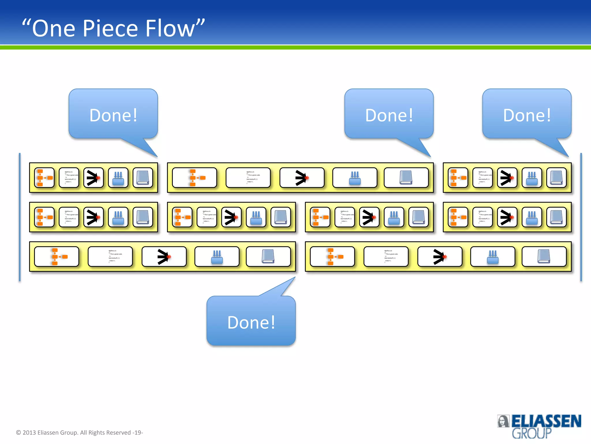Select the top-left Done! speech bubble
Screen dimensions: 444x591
click(113, 115)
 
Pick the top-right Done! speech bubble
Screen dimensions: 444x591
click(527, 115)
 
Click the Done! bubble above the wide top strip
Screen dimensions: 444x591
click(389, 115)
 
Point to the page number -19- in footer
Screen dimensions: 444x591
click(138, 432)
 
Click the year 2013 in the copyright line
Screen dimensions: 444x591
click(29, 432)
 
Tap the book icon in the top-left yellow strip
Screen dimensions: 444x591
click(143, 177)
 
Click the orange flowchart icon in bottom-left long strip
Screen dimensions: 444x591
click(57, 256)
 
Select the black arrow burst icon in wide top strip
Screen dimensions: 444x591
click(302, 177)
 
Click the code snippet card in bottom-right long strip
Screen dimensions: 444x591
click(386, 256)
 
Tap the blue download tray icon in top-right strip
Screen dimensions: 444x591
click(532, 177)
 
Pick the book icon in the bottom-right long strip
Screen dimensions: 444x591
click(544, 256)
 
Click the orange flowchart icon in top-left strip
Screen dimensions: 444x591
click(44, 177)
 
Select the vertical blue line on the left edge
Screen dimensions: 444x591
click(20, 217)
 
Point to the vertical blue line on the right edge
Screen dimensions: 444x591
click(581, 217)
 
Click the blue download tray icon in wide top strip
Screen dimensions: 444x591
click(355, 177)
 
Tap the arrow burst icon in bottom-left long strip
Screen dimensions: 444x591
click(164, 256)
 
